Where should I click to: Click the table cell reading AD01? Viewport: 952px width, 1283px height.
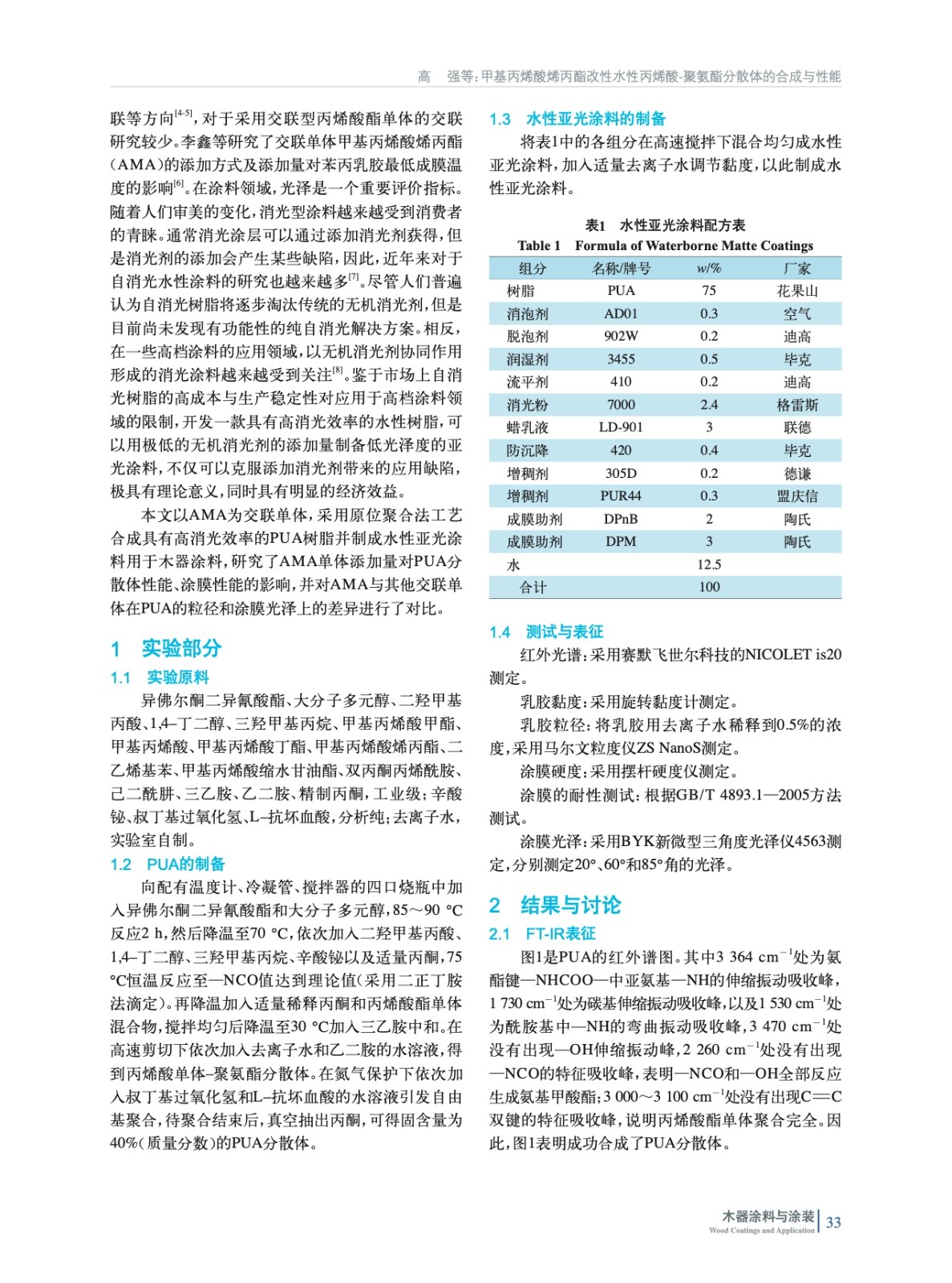[x=621, y=314]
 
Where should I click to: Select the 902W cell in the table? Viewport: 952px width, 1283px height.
[x=621, y=336]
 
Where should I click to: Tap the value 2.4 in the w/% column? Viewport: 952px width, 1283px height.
[x=709, y=405]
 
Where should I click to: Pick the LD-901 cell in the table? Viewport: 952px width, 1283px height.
[x=621, y=427]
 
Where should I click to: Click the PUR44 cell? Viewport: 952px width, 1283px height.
[x=621, y=496]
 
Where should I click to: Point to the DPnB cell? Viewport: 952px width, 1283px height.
[x=621, y=519]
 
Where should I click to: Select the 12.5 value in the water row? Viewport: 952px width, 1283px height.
[x=709, y=565]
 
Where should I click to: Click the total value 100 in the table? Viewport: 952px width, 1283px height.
[x=709, y=587]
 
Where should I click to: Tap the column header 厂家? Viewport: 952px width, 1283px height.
[x=797, y=269]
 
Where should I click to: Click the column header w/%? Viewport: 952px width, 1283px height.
[x=709, y=269]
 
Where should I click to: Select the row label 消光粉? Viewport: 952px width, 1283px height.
[x=527, y=405]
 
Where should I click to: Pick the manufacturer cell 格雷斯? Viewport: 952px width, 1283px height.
[x=797, y=405]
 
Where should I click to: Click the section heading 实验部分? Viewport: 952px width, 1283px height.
[x=181, y=648]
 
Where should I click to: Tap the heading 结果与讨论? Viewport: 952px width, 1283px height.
[x=570, y=905]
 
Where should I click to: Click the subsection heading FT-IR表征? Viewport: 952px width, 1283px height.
[x=560, y=933]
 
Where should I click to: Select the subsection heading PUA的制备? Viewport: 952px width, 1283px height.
[x=185, y=864]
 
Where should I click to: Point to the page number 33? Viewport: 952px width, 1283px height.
[x=833, y=1222]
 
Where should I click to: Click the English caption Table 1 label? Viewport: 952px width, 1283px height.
[x=539, y=245]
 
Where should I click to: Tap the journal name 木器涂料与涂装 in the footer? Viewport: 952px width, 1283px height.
[x=768, y=1216]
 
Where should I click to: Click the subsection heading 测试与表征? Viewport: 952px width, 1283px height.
[x=564, y=632]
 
